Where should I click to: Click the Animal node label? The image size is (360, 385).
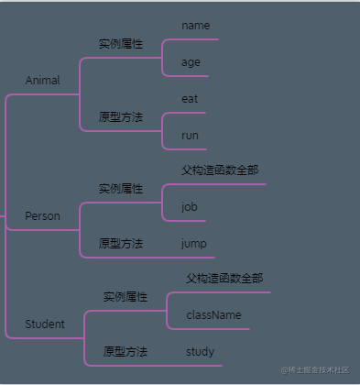(x=42, y=81)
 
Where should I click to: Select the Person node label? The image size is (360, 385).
(x=42, y=216)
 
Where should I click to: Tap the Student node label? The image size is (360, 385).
(x=45, y=324)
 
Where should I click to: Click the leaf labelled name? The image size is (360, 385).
(x=196, y=26)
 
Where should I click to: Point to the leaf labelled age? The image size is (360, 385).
(x=191, y=62)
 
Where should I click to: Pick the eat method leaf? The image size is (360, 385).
(x=191, y=98)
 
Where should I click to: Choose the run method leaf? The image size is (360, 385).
(x=191, y=135)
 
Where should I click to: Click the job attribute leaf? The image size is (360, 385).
(x=190, y=207)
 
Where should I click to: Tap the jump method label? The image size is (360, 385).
(x=193, y=243)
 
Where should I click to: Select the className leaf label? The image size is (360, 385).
(x=213, y=314)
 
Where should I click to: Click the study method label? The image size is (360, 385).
(x=200, y=351)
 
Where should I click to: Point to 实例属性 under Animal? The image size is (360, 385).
(x=121, y=44)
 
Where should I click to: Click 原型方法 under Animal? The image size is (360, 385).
(x=121, y=116)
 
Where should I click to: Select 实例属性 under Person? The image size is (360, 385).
(x=121, y=189)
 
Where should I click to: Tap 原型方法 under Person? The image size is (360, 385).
(x=121, y=243)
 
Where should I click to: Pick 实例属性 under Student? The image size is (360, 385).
(x=125, y=297)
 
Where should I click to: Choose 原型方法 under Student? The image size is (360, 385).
(x=125, y=351)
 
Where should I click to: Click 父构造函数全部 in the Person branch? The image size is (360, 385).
(x=220, y=170)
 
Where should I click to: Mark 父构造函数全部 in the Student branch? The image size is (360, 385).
(x=224, y=279)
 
